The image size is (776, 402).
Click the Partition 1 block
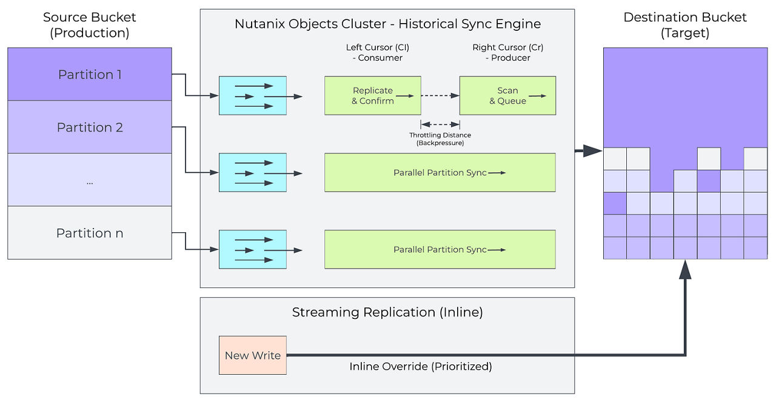tap(90, 75)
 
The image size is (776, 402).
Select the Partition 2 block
tap(90, 127)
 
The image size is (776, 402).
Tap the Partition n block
tap(90, 233)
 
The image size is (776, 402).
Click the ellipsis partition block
tap(90, 180)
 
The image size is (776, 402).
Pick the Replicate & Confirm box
tap(372, 96)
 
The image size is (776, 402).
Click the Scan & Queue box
tap(507, 96)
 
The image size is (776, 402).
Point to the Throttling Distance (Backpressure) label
tap(440, 139)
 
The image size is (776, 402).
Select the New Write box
tap(252, 355)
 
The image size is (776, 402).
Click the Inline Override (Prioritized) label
tap(420, 367)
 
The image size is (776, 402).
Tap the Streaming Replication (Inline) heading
tap(387, 313)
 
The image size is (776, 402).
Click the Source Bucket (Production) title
tap(90, 25)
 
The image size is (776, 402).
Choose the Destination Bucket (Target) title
tap(685, 25)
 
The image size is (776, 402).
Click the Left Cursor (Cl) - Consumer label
tap(374, 52)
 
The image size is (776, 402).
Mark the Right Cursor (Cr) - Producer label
tap(501, 52)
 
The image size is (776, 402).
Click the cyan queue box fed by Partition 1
tap(252, 96)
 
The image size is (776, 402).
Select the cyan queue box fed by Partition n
tap(252, 249)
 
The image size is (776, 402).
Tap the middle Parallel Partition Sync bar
tap(440, 173)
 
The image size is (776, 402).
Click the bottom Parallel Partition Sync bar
tap(440, 249)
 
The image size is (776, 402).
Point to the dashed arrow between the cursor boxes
tap(440, 96)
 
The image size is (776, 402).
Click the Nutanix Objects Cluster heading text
tap(387, 25)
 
